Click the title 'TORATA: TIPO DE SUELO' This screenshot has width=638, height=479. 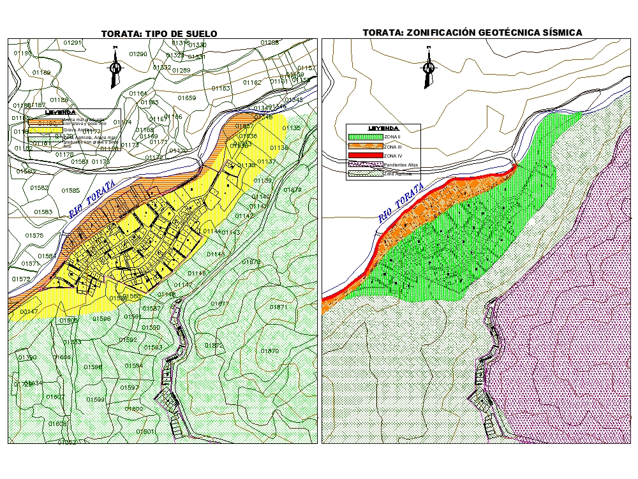tap(159, 34)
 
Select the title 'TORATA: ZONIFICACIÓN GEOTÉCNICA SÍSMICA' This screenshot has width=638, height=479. tap(472, 32)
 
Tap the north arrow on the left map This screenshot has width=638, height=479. tap(115, 67)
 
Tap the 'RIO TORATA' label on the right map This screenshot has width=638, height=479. tap(401, 203)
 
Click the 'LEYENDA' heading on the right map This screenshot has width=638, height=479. tap(383, 128)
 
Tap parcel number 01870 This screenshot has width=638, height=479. tap(270, 351)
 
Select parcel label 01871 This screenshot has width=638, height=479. tap(279, 307)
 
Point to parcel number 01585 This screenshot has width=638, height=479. tap(71, 191)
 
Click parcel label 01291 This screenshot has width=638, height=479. tap(73, 43)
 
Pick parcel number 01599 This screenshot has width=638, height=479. tap(95, 400)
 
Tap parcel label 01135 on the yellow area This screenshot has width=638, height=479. tap(291, 128)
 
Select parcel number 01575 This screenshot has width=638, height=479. tap(34, 236)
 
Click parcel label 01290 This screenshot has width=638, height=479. tap(138, 54)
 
